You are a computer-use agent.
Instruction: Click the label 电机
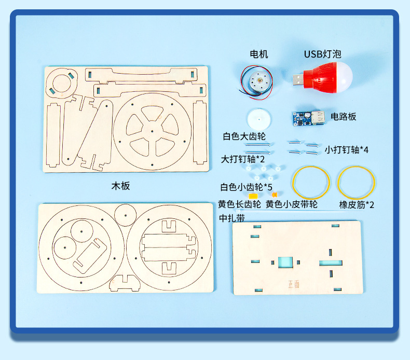click(259, 54)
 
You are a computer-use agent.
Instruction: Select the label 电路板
click(344, 116)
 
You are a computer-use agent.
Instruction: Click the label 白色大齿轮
click(244, 136)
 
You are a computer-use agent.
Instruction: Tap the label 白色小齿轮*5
click(246, 186)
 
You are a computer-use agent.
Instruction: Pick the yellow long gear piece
click(253, 197)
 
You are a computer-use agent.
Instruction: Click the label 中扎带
click(232, 218)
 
